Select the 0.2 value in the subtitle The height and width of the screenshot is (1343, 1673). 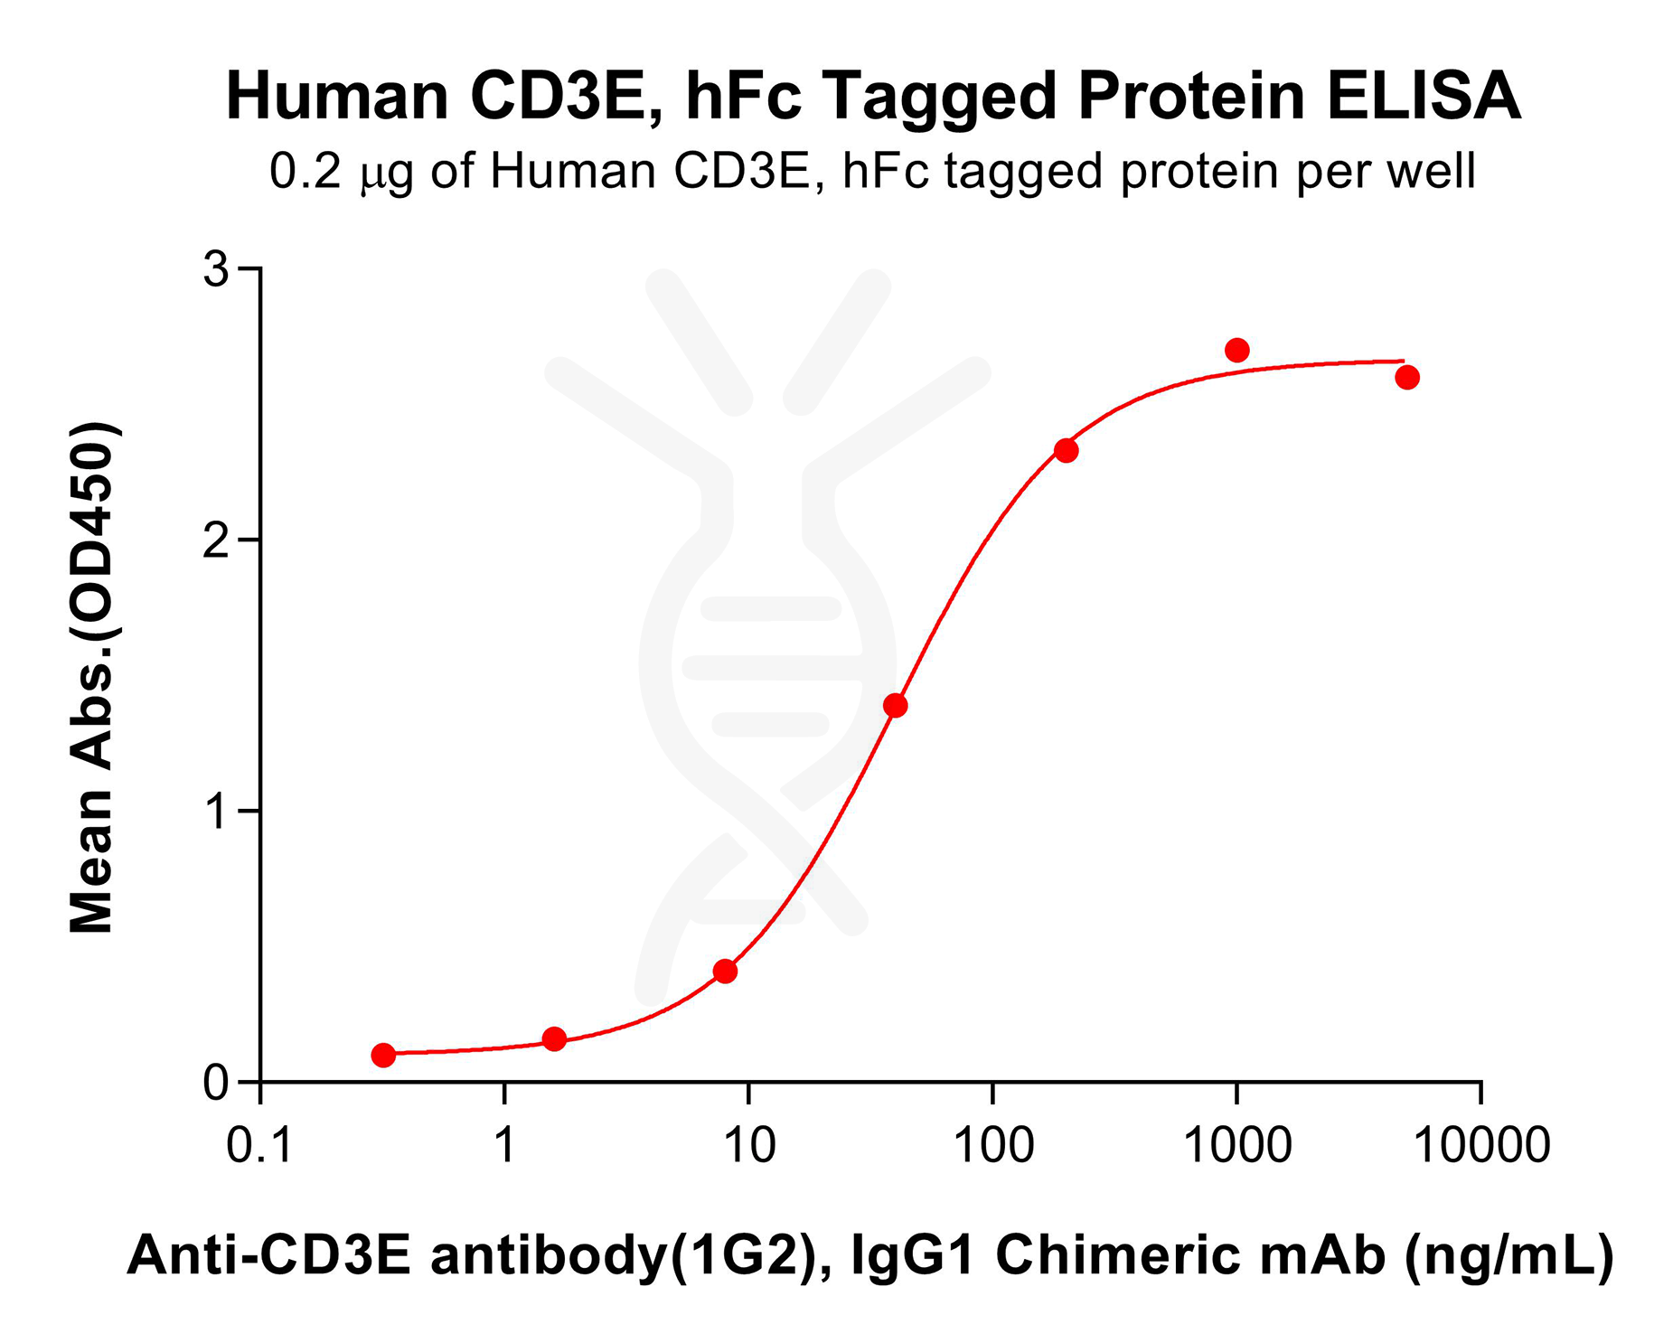point(305,171)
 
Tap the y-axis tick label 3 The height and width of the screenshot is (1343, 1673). point(216,268)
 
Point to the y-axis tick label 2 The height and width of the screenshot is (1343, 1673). point(216,540)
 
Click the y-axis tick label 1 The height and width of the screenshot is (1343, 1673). point(216,812)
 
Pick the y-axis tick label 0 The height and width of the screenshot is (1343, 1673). point(216,1083)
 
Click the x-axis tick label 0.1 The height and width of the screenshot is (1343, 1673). point(259,1146)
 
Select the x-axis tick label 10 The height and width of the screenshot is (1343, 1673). point(748,1146)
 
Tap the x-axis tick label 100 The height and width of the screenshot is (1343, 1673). point(993,1146)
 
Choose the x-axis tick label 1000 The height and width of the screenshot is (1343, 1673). point(1236,1146)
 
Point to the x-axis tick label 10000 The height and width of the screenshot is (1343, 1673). point(1480,1146)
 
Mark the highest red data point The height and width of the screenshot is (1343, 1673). point(1236,350)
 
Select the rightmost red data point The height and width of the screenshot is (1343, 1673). point(1406,378)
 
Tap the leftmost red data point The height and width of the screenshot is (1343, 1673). point(383,1055)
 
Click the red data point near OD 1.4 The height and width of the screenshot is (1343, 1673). point(895,706)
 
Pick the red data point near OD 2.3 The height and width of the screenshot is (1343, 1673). point(1067,450)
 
